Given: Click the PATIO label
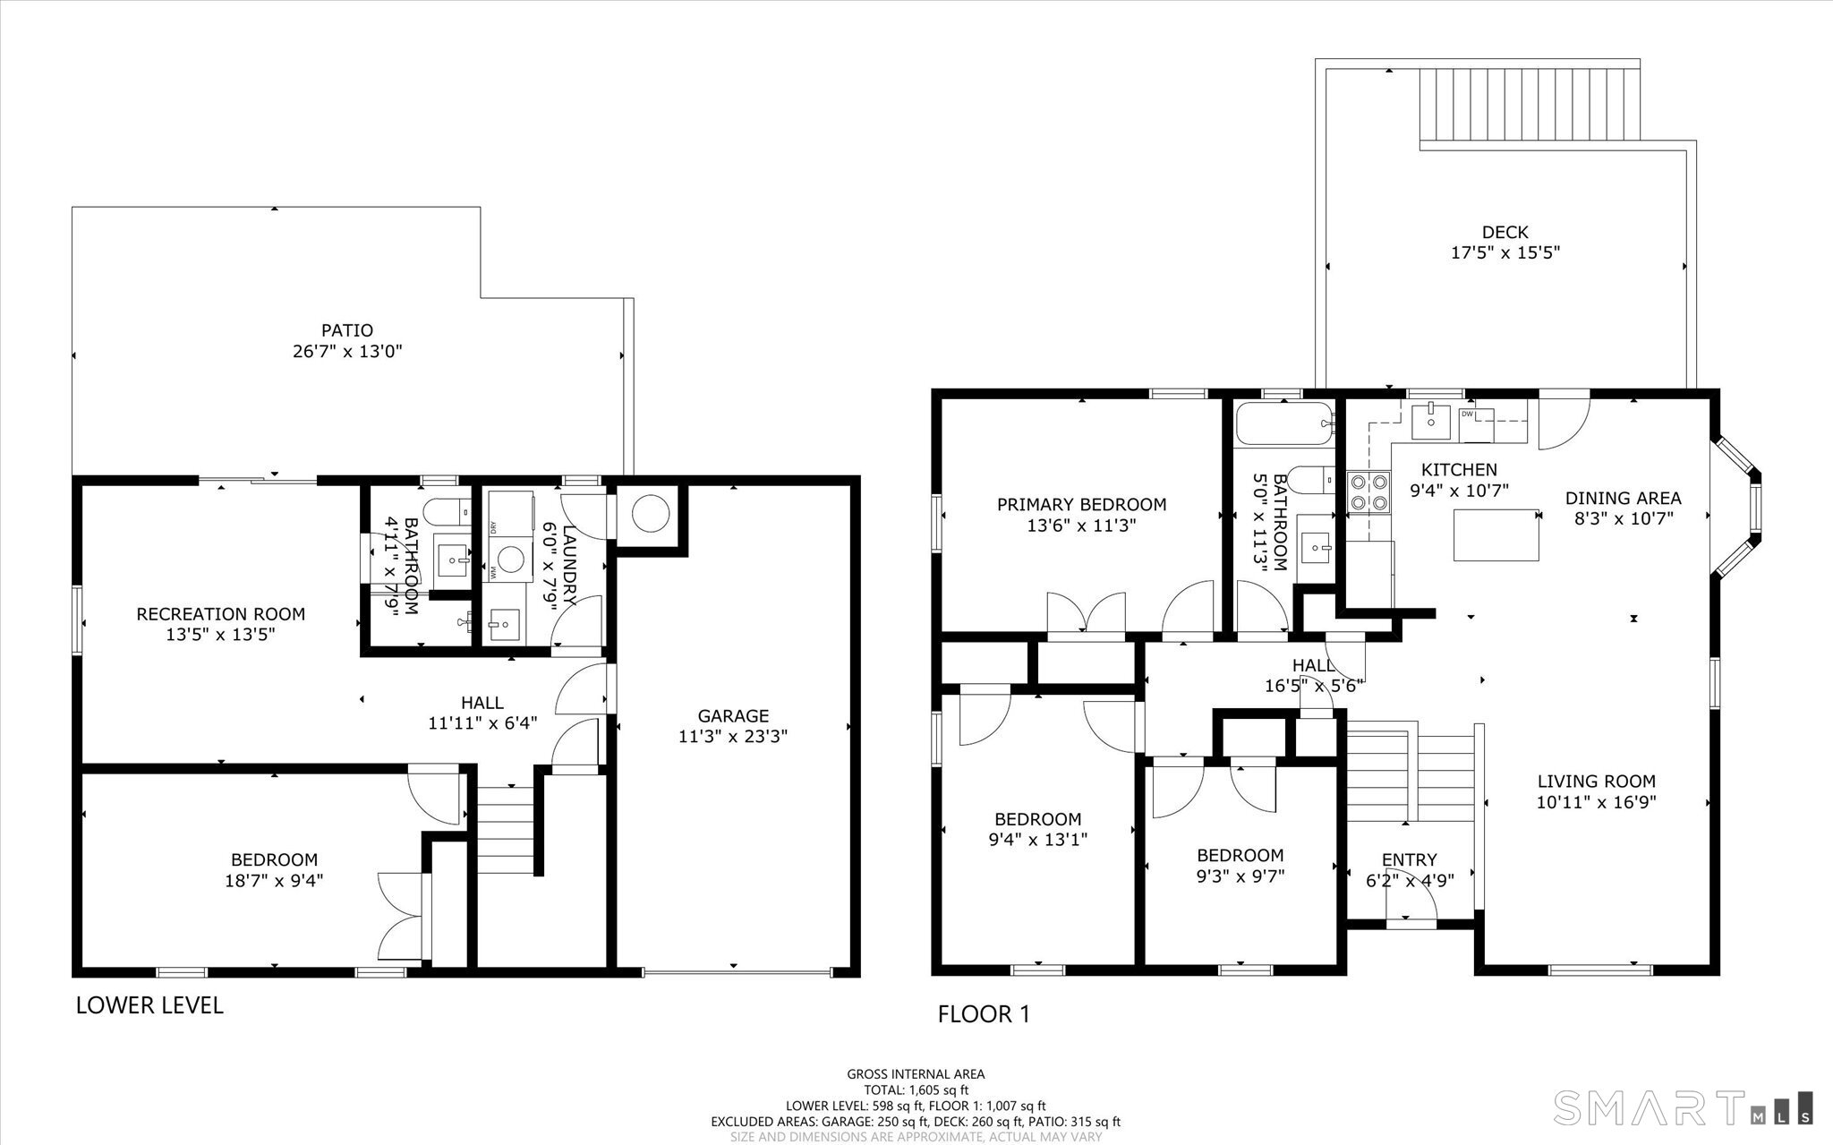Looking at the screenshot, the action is [347, 330].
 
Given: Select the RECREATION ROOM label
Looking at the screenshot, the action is [220, 614].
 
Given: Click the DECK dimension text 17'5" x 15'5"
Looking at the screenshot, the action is [1505, 252].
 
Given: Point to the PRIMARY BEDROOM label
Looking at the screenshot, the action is [1081, 504].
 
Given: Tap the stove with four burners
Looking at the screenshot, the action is [1369, 492].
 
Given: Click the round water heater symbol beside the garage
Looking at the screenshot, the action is [650, 513].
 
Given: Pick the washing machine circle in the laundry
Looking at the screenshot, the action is [510, 560].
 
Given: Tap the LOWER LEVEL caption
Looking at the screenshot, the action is [149, 1005].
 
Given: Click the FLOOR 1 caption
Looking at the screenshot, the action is [984, 1014].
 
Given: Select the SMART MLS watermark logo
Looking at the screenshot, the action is [1684, 1107].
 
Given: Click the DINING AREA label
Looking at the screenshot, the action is [1623, 498].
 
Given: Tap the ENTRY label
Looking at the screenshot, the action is [1409, 859].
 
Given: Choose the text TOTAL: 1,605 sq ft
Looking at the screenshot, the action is [916, 1090].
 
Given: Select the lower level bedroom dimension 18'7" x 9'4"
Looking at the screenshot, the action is [274, 880].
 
